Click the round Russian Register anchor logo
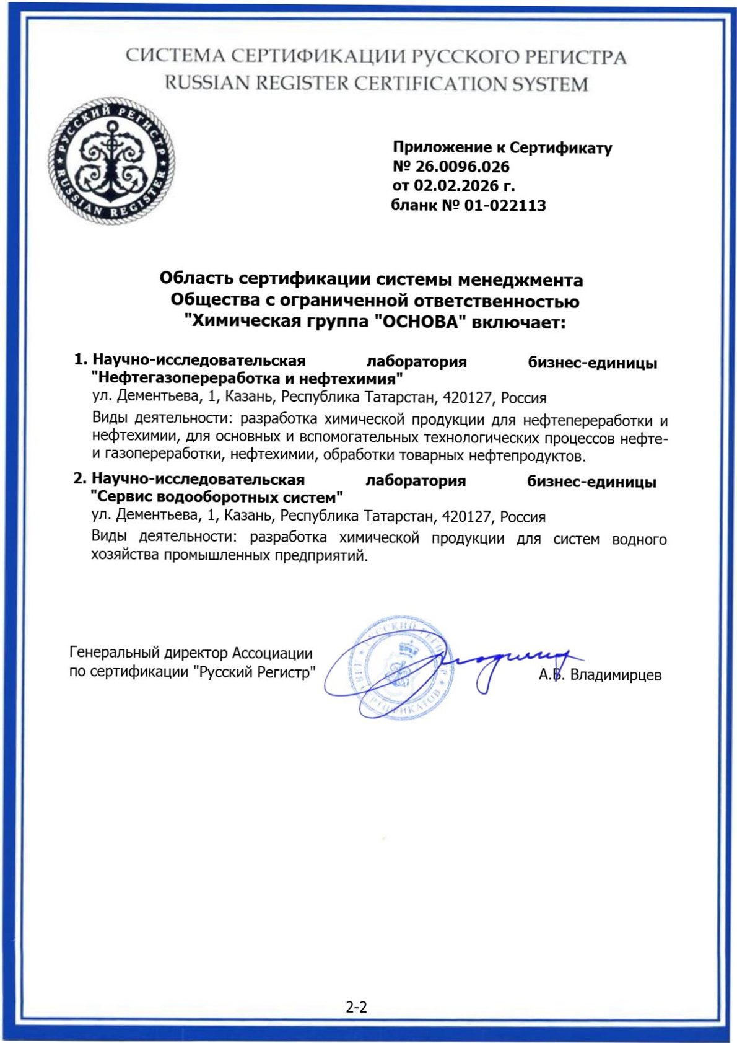tap(111, 161)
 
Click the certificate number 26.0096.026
tap(462, 167)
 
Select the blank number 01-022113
tap(505, 206)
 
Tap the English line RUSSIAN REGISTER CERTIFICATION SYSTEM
tap(376, 84)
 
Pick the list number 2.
tap(80, 479)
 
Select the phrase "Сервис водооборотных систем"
tap(217, 497)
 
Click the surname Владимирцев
tap(616, 675)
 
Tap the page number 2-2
tap(356, 1007)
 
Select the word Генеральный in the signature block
tap(115, 653)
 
